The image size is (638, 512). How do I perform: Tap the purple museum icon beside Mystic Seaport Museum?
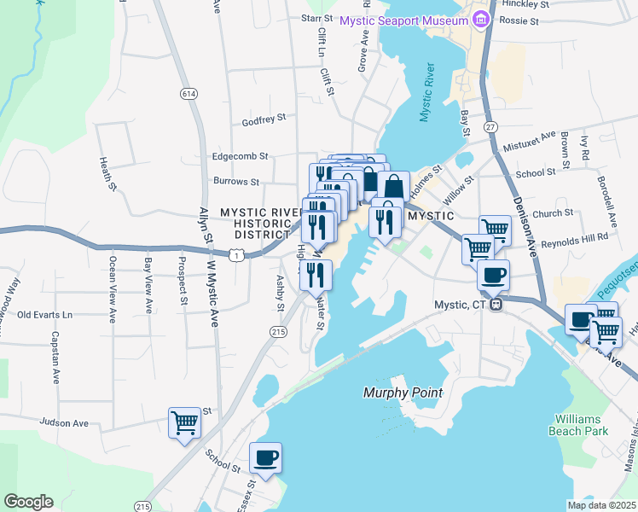coord(479,19)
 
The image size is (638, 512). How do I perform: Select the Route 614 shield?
coord(186,92)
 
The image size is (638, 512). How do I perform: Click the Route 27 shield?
coord(490,127)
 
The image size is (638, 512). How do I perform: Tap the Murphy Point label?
coord(403,393)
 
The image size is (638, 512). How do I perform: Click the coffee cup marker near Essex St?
coord(266,458)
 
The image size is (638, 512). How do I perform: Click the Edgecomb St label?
coord(240,157)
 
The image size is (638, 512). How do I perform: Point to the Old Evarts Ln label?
coord(45,315)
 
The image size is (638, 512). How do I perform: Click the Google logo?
coord(28,502)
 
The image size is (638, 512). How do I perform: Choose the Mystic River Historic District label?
coord(256,223)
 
